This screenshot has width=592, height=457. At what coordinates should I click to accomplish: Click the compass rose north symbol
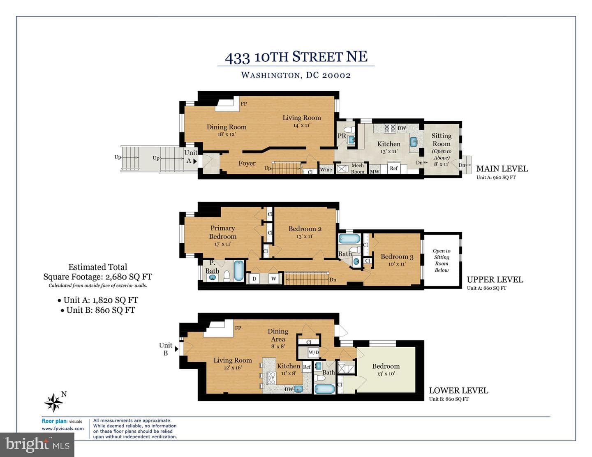54,402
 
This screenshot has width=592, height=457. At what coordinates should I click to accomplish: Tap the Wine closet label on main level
326,169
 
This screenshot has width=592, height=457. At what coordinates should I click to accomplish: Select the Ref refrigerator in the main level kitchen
394,168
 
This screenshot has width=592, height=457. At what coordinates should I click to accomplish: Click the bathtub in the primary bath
239,271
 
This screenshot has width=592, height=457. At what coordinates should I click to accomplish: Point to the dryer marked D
254,279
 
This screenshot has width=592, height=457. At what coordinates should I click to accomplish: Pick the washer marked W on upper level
273,279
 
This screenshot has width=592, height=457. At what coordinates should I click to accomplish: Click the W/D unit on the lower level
313,353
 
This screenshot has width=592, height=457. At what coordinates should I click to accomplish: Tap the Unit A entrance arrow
195,161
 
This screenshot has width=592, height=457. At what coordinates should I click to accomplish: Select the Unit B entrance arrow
176,349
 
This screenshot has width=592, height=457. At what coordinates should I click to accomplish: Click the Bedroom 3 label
397,256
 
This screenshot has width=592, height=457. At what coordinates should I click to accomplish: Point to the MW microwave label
375,171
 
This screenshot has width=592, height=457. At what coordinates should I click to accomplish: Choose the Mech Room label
357,168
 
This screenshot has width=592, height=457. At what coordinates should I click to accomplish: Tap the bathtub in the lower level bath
325,389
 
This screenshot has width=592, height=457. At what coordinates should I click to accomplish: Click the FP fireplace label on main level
243,104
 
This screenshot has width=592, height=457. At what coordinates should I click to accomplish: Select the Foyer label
247,163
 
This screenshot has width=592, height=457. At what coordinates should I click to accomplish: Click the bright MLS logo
37,445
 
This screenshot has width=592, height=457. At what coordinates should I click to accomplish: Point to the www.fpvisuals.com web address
62,428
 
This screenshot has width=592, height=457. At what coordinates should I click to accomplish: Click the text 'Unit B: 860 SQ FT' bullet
98,310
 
